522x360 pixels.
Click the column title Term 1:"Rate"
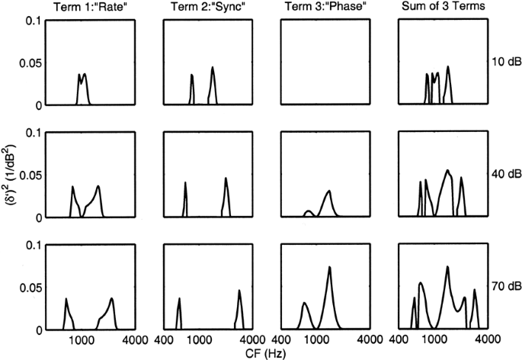pos(91,7)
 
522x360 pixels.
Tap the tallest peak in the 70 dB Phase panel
pos(329,268)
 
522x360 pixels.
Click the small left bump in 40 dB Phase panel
pos(308,211)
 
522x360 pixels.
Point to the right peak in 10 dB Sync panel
pos(213,68)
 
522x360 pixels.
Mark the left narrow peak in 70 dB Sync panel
pos(179,299)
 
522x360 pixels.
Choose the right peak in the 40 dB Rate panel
pos(98,187)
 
